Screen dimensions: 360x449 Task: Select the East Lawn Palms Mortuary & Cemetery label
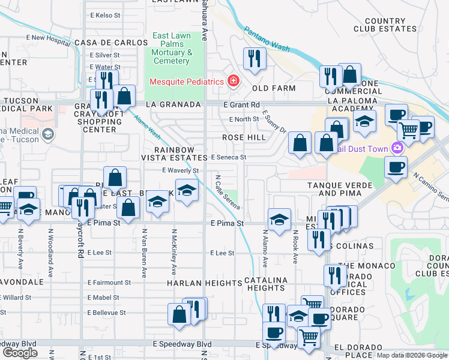click(x=172, y=48)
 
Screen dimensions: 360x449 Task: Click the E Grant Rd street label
click(x=241, y=104)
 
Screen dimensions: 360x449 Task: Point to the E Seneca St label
click(x=229, y=157)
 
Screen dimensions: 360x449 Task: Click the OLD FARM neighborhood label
click(x=274, y=88)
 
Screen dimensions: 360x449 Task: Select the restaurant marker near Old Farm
click(x=255, y=59)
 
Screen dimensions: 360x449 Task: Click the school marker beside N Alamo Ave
click(x=279, y=219)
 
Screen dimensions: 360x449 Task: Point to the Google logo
click(x=20, y=353)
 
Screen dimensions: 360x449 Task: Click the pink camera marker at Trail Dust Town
click(x=396, y=148)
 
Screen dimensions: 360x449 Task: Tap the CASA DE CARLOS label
click(x=111, y=43)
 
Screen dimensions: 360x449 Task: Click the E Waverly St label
click(x=180, y=170)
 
